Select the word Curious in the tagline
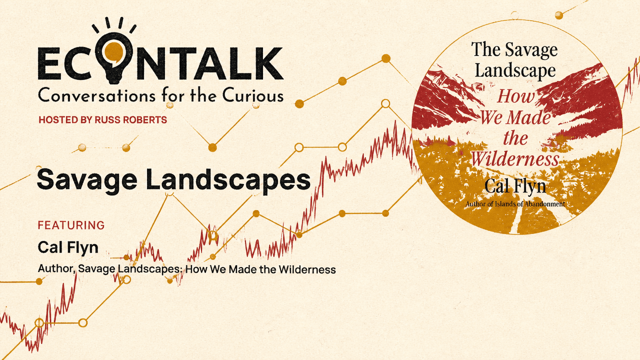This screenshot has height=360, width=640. click(x=253, y=95)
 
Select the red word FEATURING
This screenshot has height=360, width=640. click(x=71, y=225)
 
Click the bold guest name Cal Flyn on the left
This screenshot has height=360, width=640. click(x=68, y=247)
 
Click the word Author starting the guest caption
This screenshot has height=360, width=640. click(x=56, y=269)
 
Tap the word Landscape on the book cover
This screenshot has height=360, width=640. click(x=515, y=70)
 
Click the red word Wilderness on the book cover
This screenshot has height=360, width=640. click(x=514, y=158)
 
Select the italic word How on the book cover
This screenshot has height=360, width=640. click(x=515, y=96)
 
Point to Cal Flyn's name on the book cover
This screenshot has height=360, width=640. click(x=515, y=186)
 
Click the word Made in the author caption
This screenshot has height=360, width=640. click(x=242, y=269)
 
